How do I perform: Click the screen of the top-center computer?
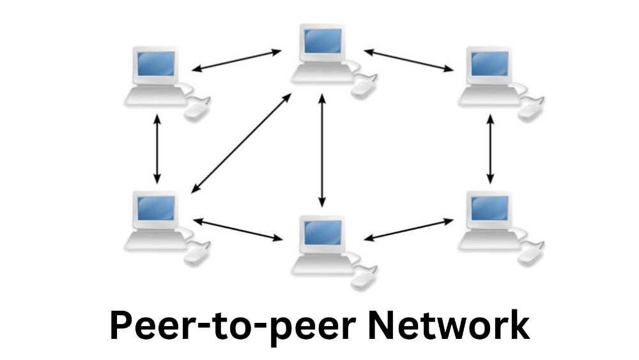pos(323,41)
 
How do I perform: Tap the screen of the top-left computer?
pos(156,64)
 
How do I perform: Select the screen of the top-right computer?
pos(490,64)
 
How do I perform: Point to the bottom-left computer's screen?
pos(156,208)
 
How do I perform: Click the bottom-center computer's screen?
pos(323,233)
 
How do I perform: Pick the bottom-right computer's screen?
pos(490,208)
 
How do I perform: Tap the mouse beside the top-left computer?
pos(197,109)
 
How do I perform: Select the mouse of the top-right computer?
pos(531,109)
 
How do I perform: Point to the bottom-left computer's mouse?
pos(197,254)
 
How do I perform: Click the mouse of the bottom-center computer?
pos(364,278)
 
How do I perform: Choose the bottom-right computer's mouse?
pos(531,254)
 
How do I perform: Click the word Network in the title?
pos(449,325)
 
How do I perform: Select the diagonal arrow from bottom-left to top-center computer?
pos(242,143)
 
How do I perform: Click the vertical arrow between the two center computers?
pos(322,150)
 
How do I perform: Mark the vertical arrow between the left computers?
pos(157,149)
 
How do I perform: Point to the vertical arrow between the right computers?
pos(491,149)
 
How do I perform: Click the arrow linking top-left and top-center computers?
pos(236,61)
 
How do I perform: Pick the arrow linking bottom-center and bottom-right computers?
pos(408,230)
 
